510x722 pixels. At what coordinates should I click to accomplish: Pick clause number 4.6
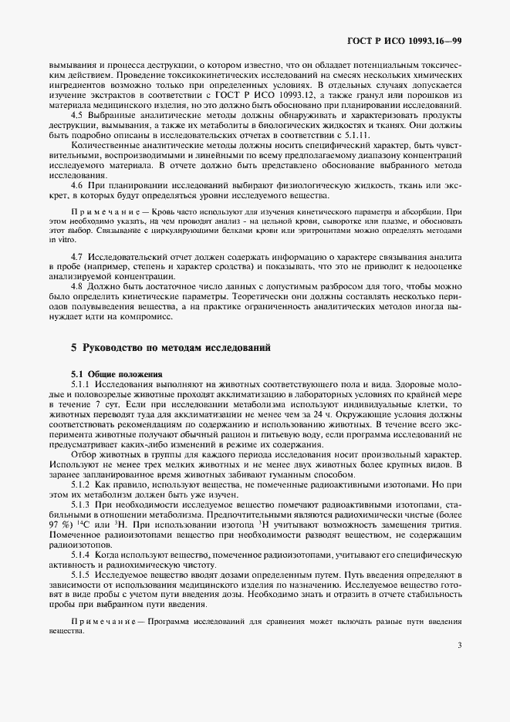(x=77, y=185)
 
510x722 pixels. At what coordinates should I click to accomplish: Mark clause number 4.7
(x=77, y=255)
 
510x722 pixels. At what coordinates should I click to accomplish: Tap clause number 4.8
(x=77, y=285)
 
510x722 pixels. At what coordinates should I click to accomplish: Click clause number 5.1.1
(x=81, y=383)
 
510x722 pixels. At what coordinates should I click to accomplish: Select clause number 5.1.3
(x=81, y=504)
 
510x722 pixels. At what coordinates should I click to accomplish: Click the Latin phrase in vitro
(x=61, y=240)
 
